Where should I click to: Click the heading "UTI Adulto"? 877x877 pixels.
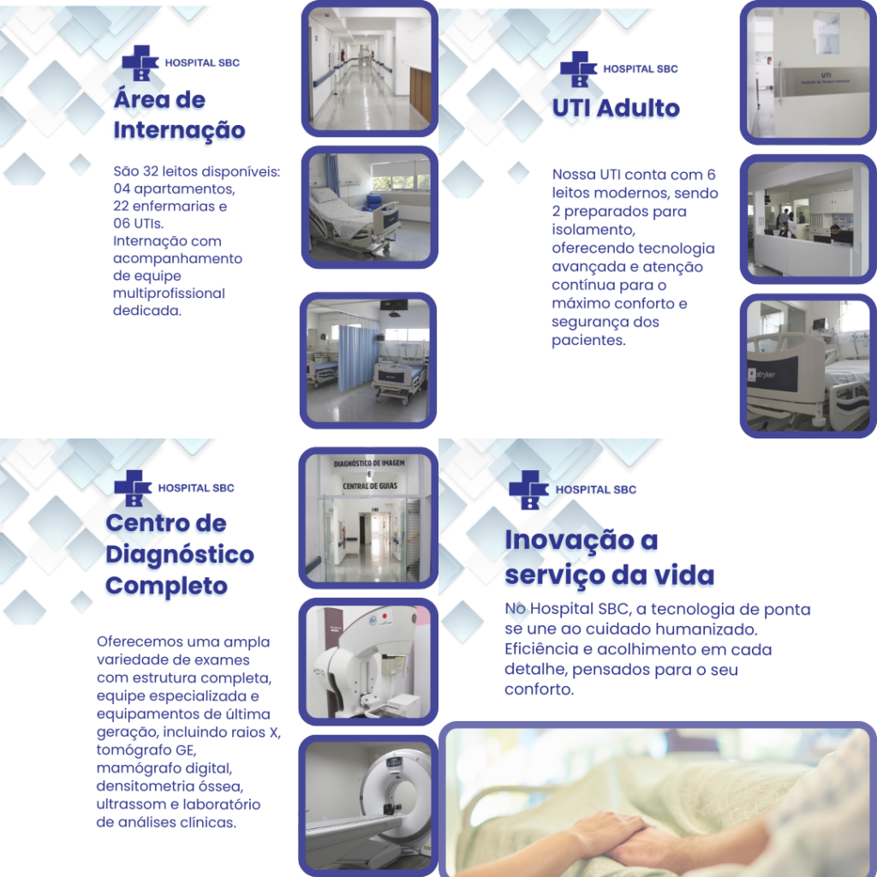click(616, 108)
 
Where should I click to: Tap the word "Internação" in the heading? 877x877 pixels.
click(180, 131)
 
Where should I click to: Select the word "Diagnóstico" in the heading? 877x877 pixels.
click(180, 555)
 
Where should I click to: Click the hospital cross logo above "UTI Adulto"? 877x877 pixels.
click(578, 69)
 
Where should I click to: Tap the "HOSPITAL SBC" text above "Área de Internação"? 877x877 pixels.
click(202, 63)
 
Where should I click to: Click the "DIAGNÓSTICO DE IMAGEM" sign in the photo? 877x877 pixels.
click(369, 463)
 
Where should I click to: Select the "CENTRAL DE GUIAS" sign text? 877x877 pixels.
click(370, 486)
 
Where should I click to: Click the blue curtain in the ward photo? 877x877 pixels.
click(357, 357)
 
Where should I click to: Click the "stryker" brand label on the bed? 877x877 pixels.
click(766, 375)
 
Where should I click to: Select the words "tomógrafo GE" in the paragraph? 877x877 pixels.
click(146, 750)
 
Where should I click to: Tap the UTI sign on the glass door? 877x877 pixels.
click(826, 78)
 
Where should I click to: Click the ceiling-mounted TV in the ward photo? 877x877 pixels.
click(394, 306)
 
